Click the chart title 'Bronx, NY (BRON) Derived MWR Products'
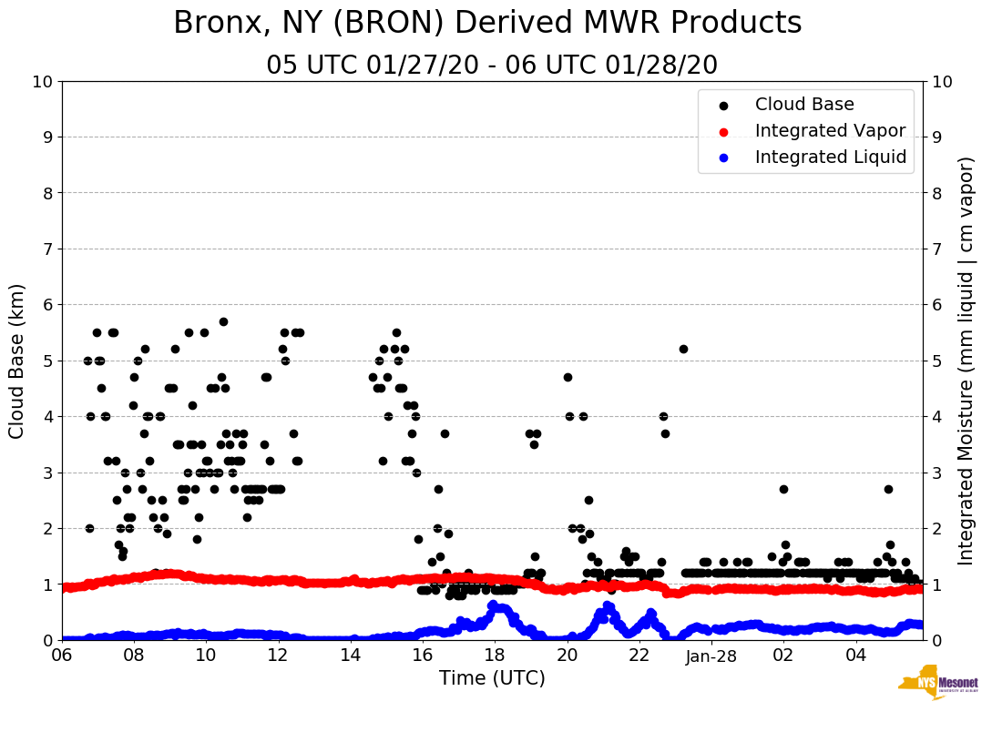click(487, 24)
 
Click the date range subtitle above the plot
click(492, 66)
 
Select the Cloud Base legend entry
click(804, 105)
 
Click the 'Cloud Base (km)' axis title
click(17, 361)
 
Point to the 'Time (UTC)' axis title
click(492, 678)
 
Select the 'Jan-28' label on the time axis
click(711, 656)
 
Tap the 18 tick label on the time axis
click(495, 656)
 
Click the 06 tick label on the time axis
click(62, 656)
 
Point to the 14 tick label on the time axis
click(351, 656)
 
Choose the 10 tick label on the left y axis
click(42, 82)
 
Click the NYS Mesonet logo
click(938, 683)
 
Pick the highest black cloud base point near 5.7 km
click(223, 321)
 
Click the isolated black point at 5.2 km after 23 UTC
click(683, 349)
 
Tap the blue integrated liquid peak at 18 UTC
click(495, 605)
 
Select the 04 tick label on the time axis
click(855, 656)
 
